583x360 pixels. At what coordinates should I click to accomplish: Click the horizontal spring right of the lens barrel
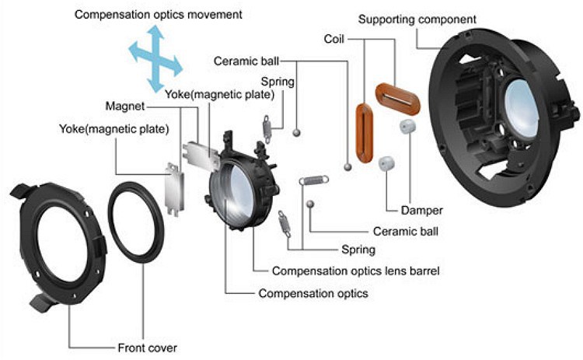click(x=313, y=180)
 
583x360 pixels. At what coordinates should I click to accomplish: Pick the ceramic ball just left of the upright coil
click(x=347, y=166)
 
